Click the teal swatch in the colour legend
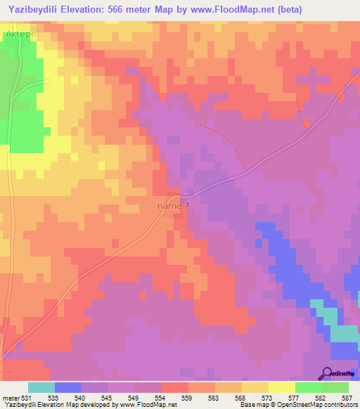(41, 388)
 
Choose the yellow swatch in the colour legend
(282, 388)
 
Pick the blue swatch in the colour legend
(68, 388)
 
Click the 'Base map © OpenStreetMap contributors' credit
(296, 405)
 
